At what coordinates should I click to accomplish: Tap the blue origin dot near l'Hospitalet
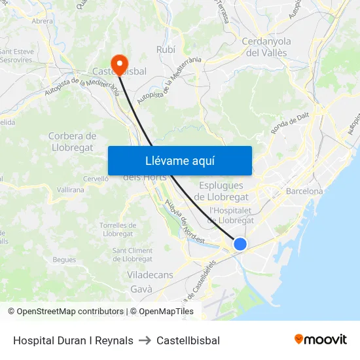pyautogui.click(x=240, y=244)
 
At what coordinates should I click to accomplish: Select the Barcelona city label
pyautogui.click(x=304, y=191)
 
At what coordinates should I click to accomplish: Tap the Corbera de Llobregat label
pyautogui.click(x=72, y=141)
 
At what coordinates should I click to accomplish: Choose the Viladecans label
pyautogui.click(x=151, y=275)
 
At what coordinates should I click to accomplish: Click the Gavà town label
pyautogui.click(x=141, y=289)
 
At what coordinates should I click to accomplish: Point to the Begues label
pyautogui.click(x=64, y=260)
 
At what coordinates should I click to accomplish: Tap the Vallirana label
pyautogui.click(x=71, y=189)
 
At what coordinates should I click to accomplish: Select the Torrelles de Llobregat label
pyautogui.click(x=118, y=229)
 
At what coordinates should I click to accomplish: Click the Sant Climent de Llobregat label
pyautogui.click(x=133, y=255)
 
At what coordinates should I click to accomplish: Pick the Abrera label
pyautogui.click(x=43, y=21)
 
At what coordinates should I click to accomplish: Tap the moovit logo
pyautogui.click(x=321, y=339)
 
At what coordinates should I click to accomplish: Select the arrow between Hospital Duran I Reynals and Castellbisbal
pyautogui.click(x=145, y=340)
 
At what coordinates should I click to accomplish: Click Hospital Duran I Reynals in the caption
pyautogui.click(x=73, y=340)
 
